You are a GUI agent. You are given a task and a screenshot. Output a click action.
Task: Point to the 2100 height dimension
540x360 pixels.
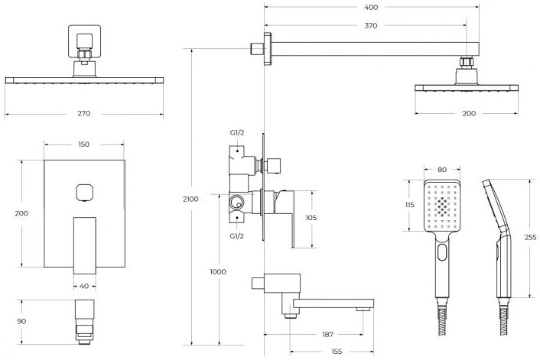click(191, 199)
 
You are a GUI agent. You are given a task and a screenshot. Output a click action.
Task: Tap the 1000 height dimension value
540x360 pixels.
click(218, 272)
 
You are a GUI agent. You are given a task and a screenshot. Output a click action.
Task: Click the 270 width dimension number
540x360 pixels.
click(84, 114)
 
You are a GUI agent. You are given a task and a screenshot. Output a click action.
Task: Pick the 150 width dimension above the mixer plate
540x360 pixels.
click(84, 144)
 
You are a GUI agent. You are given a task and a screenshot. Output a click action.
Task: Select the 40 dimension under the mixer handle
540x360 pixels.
click(84, 287)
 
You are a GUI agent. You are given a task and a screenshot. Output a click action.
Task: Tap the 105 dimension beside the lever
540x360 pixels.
click(311, 218)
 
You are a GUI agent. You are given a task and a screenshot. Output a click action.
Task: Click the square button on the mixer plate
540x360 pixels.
click(84, 192)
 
